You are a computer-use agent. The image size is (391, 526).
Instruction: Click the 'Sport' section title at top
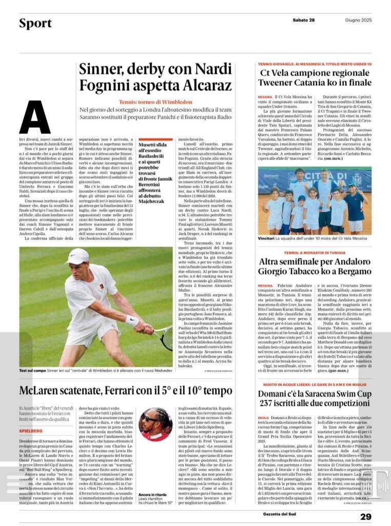pyautogui.click(x=35, y=24)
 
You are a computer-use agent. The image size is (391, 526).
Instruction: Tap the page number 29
pyautogui.click(x=365, y=517)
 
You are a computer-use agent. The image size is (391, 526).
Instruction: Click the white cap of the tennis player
pyautogui.click(x=77, y=255)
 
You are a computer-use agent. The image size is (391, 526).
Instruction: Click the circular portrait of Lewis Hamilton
pyautogui.click(x=155, y=424)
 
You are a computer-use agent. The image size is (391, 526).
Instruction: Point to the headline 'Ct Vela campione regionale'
pyautogui.click(x=314, y=72)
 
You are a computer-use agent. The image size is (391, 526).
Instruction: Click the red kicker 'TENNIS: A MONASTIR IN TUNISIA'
pyautogui.click(x=314, y=253)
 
